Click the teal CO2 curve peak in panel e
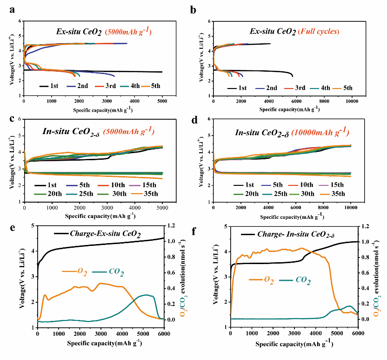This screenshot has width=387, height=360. (x=147, y=295)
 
